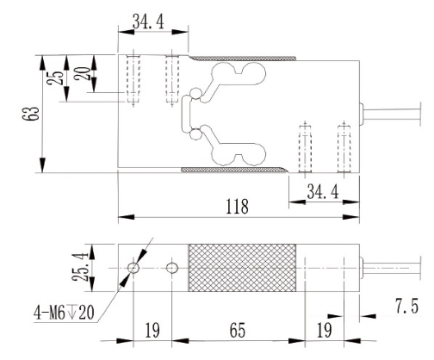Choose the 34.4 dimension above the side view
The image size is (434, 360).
click(152, 21)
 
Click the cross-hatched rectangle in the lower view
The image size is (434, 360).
click(244, 268)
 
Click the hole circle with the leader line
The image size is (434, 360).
click(132, 268)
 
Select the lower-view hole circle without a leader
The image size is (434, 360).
click(173, 268)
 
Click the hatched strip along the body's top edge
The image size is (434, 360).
click(241, 59)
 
